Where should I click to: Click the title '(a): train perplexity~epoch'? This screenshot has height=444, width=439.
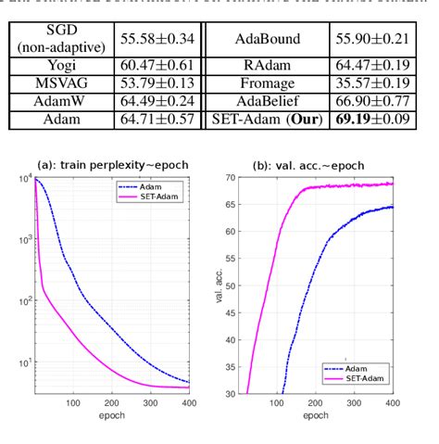pyautogui.click(x=111, y=164)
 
